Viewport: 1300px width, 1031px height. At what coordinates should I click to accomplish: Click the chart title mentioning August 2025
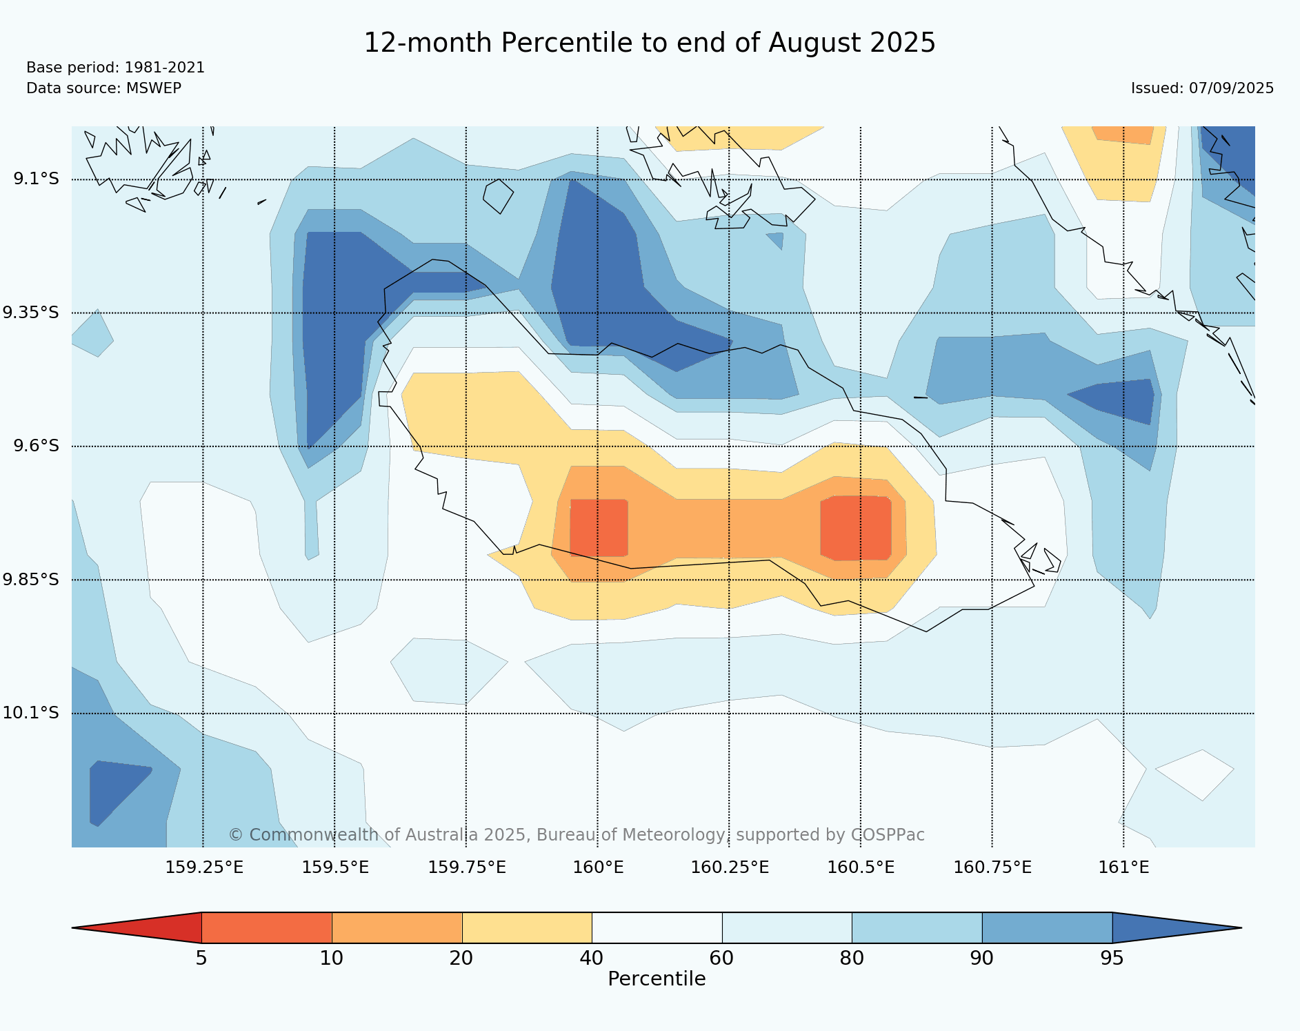pyautogui.click(x=649, y=43)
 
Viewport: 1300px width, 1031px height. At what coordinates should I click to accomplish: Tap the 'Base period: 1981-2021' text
pyautogui.click(x=115, y=68)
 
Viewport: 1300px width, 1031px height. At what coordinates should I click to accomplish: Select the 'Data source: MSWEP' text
pyautogui.click(x=103, y=88)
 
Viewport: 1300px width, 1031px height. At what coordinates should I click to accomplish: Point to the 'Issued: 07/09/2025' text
pyautogui.click(x=1202, y=88)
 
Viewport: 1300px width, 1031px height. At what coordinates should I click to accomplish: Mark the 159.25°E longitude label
pyautogui.click(x=204, y=867)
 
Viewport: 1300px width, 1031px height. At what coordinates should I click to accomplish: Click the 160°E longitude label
pyautogui.click(x=598, y=867)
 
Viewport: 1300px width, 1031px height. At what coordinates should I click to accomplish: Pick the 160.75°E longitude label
pyautogui.click(x=992, y=867)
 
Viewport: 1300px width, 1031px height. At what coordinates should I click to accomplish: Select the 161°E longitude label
pyautogui.click(x=1123, y=867)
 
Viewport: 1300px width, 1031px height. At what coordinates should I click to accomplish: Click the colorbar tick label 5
pyautogui.click(x=201, y=959)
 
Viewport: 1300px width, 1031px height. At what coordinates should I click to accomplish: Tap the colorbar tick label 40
pyautogui.click(x=592, y=959)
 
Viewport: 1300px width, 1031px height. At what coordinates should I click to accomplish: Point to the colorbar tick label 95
pyautogui.click(x=1112, y=959)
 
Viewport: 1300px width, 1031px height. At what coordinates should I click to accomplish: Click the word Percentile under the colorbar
pyautogui.click(x=657, y=979)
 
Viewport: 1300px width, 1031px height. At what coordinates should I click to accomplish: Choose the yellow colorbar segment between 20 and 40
pyautogui.click(x=527, y=927)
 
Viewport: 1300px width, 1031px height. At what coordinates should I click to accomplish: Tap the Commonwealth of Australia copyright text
pyautogui.click(x=577, y=835)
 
